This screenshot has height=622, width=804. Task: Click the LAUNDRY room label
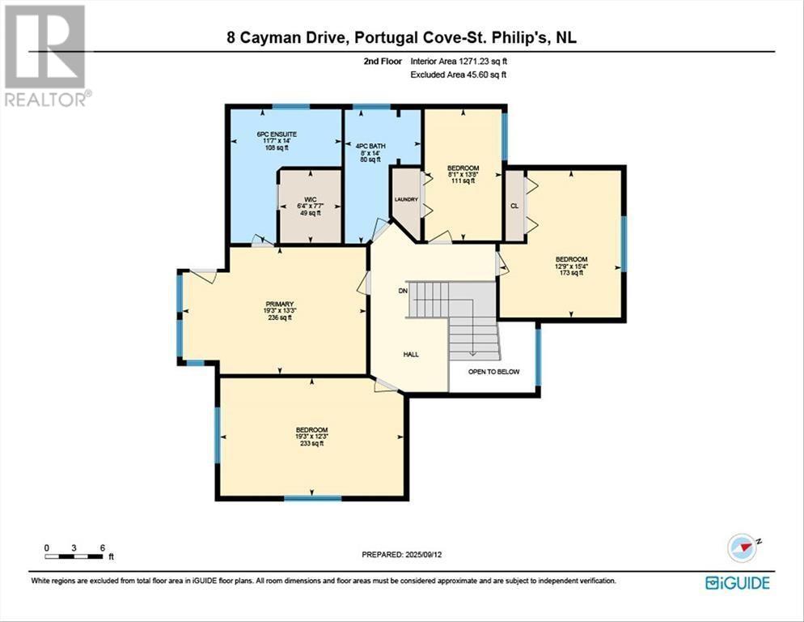[x=404, y=198]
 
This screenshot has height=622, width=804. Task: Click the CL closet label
[x=514, y=205]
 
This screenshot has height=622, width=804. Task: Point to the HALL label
[x=411, y=354]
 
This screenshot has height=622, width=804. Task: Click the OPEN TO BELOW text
[x=494, y=372]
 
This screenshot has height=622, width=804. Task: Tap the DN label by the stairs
[x=402, y=290]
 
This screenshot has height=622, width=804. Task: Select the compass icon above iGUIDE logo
[x=743, y=547]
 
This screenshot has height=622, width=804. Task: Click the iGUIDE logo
[x=737, y=582]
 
